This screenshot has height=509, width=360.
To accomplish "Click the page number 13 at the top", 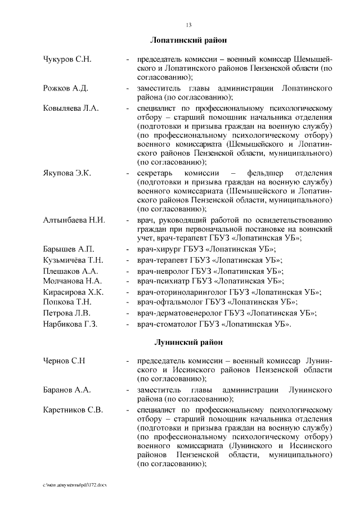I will coord(188,25).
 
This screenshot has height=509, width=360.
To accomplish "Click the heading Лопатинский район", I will coord(188,40).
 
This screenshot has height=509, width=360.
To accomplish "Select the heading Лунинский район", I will coord(188,342).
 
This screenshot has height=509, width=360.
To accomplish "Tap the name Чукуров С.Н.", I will coord(67,59).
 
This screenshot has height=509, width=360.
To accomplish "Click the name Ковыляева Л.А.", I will coord(71,108).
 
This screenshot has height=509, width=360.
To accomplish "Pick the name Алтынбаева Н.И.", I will coord(74,220).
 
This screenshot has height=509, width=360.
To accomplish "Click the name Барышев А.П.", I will coord(69,249).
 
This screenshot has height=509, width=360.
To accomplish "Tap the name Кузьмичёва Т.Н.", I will coord(73,260).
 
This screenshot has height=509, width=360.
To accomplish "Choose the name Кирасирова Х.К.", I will coord(73,292).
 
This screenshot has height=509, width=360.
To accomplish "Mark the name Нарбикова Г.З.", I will coord(71,324).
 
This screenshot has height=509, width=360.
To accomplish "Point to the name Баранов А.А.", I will coord(67,389).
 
